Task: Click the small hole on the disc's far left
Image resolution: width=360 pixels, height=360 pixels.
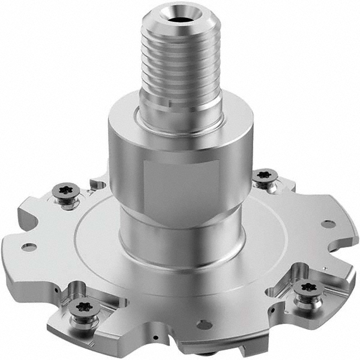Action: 29,247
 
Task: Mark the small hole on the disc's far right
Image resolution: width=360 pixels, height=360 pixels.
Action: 328,224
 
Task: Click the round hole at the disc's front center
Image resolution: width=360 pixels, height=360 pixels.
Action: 204,325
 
